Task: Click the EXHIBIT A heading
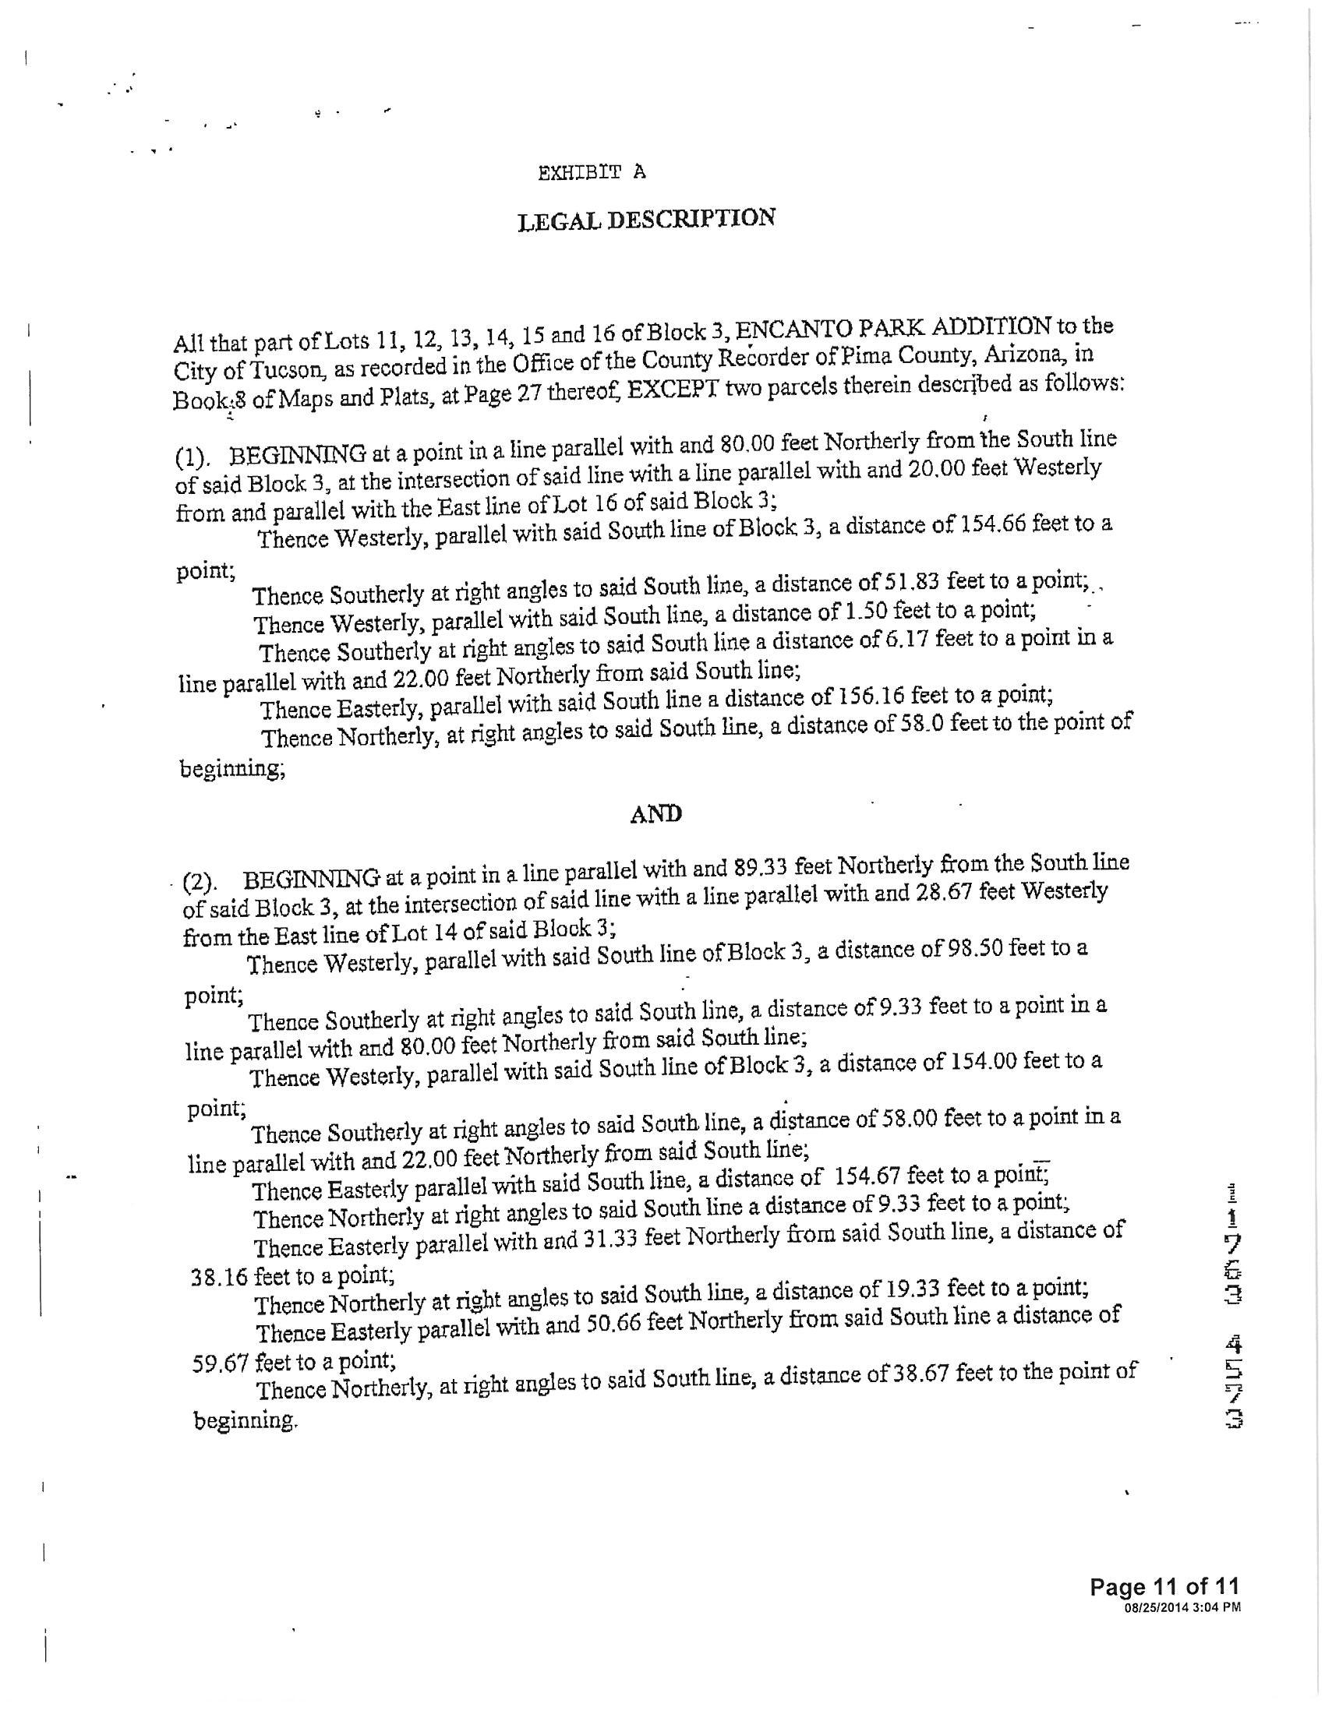click(x=592, y=173)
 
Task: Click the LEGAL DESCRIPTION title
click(x=647, y=219)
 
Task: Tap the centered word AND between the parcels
click(x=656, y=814)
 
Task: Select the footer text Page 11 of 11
click(x=1165, y=1586)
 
